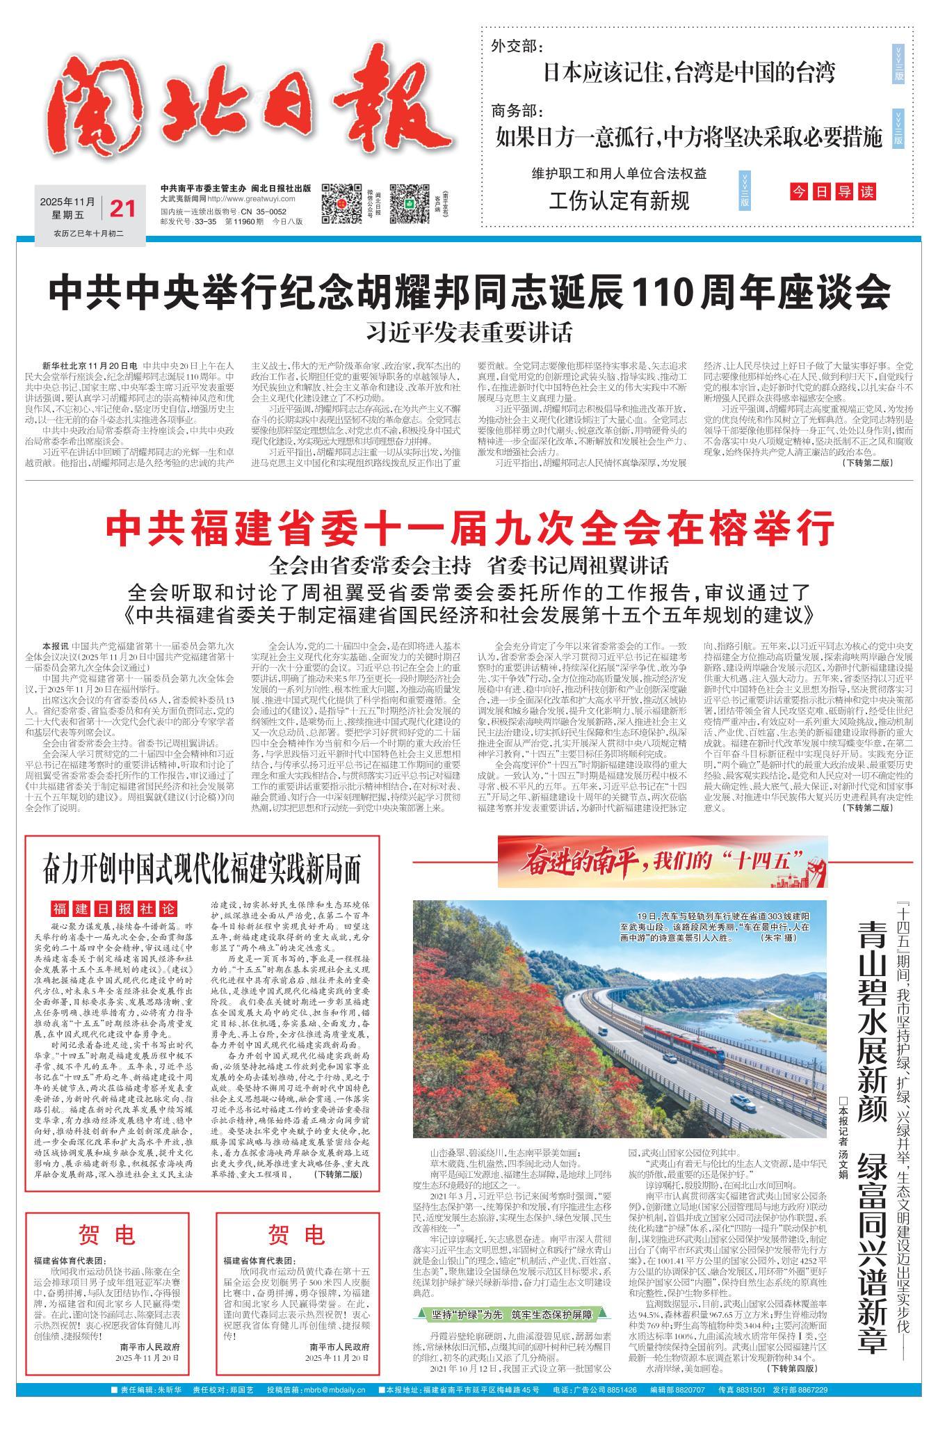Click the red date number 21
[x=122, y=208]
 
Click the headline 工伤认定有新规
[x=619, y=201]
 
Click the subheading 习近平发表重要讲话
[x=469, y=332]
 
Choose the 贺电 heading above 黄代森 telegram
[x=297, y=1235]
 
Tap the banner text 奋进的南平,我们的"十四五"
[x=661, y=863]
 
